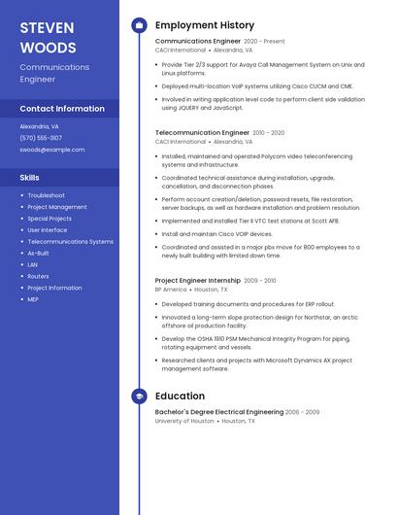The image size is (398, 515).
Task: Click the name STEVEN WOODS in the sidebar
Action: point(48,37)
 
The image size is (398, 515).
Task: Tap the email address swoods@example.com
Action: point(52,150)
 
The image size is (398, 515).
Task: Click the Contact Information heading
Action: point(62,109)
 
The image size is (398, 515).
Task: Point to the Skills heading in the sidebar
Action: point(30,178)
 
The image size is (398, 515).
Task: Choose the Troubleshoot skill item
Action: point(46,195)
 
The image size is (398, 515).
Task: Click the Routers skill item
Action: point(38,276)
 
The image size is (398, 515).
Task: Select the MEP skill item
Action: point(33,299)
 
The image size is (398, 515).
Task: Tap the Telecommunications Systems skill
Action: point(70,241)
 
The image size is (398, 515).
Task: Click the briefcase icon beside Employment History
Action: point(139,25)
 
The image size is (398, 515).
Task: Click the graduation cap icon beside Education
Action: point(139,396)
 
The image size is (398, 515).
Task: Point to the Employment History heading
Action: point(204,25)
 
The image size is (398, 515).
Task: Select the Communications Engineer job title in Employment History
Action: point(197,42)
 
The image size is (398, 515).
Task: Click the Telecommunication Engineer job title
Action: point(202,132)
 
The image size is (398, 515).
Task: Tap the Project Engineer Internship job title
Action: point(198,280)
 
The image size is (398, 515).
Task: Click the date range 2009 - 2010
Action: point(260,281)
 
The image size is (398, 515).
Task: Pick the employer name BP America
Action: point(171,290)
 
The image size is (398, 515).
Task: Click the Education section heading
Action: point(180,396)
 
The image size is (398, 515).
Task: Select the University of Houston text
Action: point(184,422)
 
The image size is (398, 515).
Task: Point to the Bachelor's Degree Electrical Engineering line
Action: point(218,412)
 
